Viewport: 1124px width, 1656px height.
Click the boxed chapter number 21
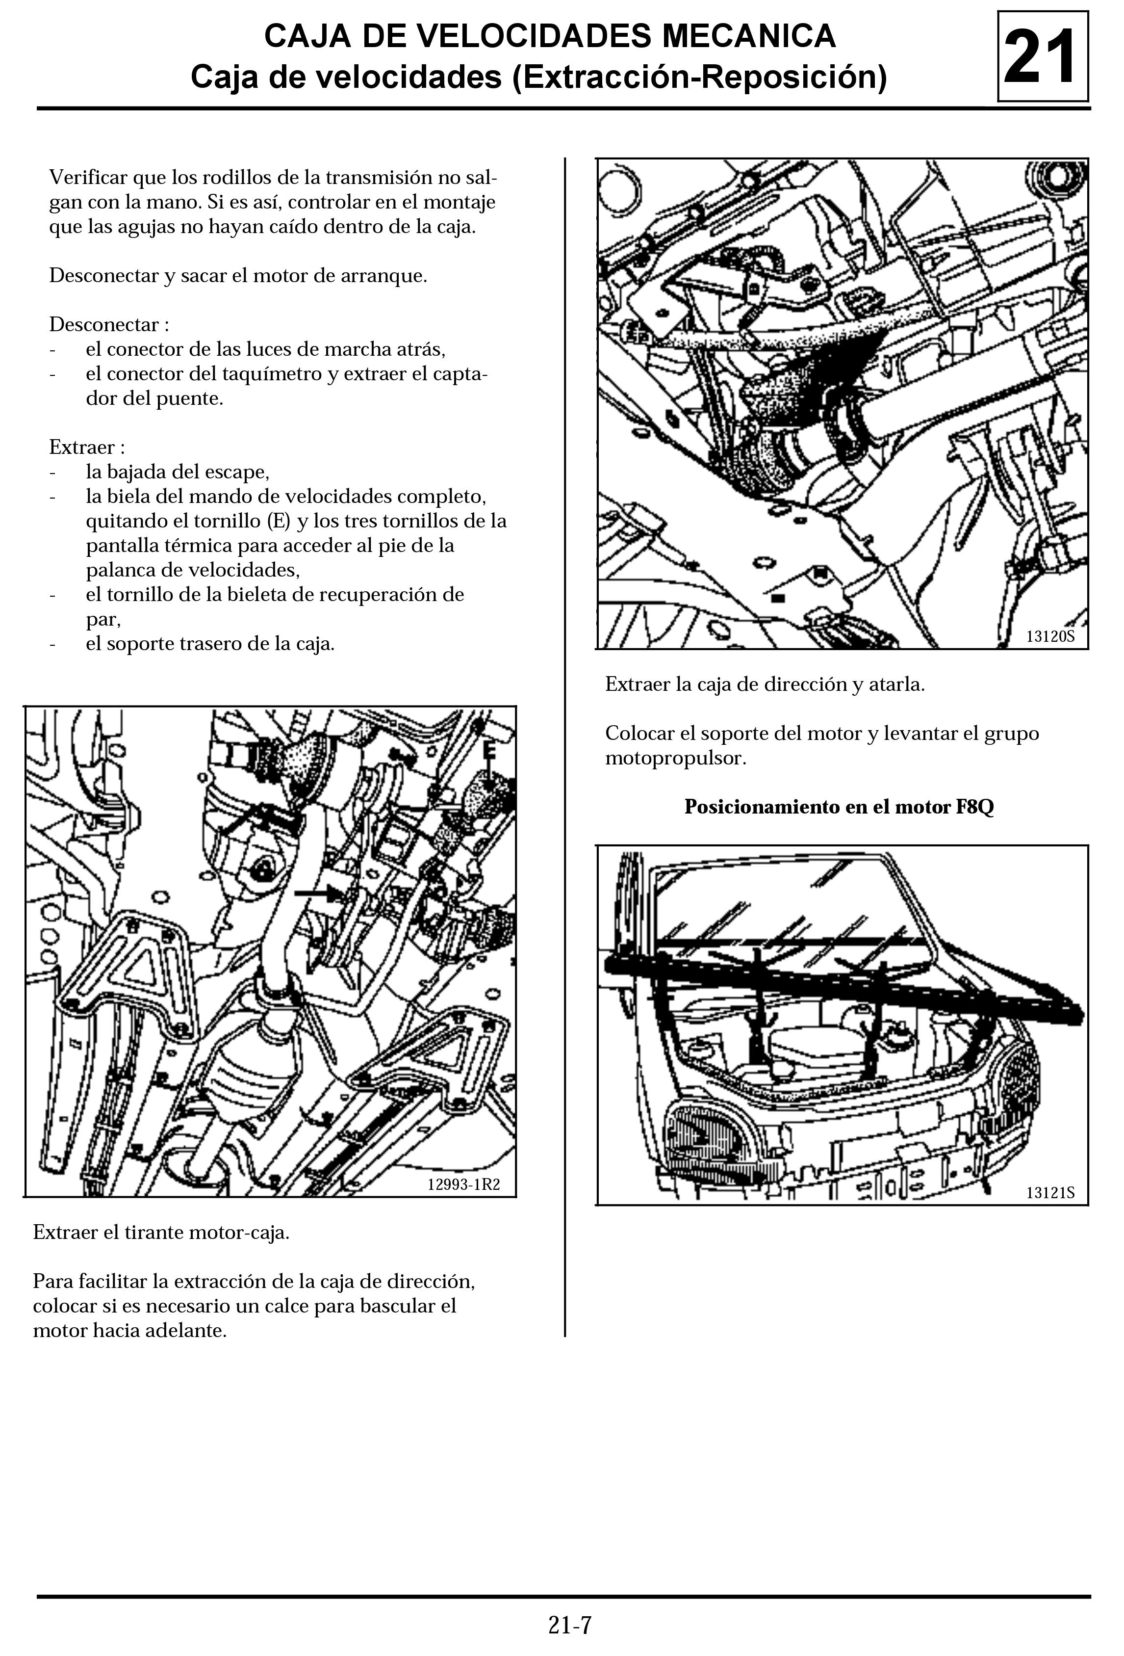1042,57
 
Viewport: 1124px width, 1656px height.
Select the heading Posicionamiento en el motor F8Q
839,807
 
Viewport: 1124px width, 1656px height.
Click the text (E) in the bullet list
279,521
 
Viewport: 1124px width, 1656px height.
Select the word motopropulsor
675,758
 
